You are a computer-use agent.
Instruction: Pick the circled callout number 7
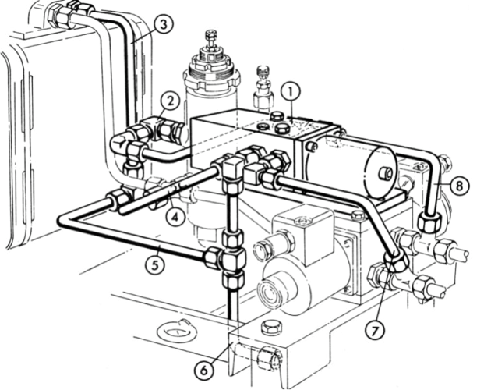(377, 331)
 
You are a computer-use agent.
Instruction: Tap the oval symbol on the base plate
(176, 331)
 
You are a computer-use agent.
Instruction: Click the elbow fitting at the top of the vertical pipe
(232, 166)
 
